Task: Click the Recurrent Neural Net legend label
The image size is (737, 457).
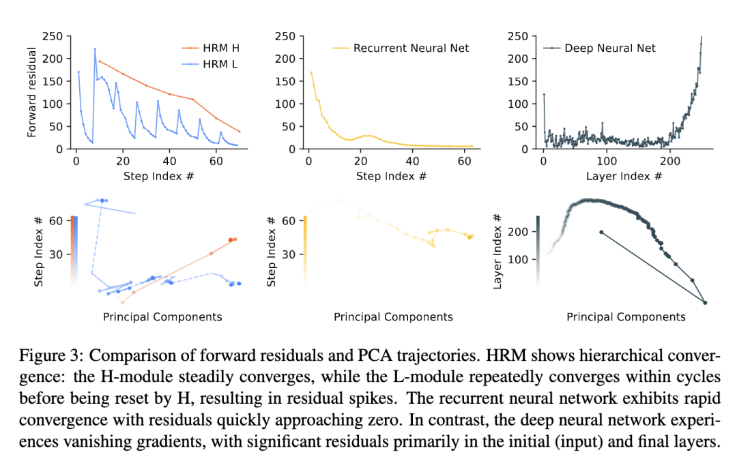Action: tap(411, 48)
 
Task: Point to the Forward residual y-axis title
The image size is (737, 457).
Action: tap(31, 93)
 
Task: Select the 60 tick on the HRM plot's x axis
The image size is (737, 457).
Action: tap(216, 162)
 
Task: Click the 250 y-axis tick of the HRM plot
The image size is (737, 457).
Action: tap(53, 36)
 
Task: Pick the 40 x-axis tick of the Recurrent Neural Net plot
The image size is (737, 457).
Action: tap(411, 162)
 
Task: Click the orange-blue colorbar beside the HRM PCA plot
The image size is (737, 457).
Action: tap(74, 249)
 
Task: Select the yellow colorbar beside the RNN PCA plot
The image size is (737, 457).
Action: tap(304, 249)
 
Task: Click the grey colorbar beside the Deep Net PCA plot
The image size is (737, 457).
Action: tap(539, 249)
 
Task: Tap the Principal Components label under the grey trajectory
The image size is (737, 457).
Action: tap(626, 317)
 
